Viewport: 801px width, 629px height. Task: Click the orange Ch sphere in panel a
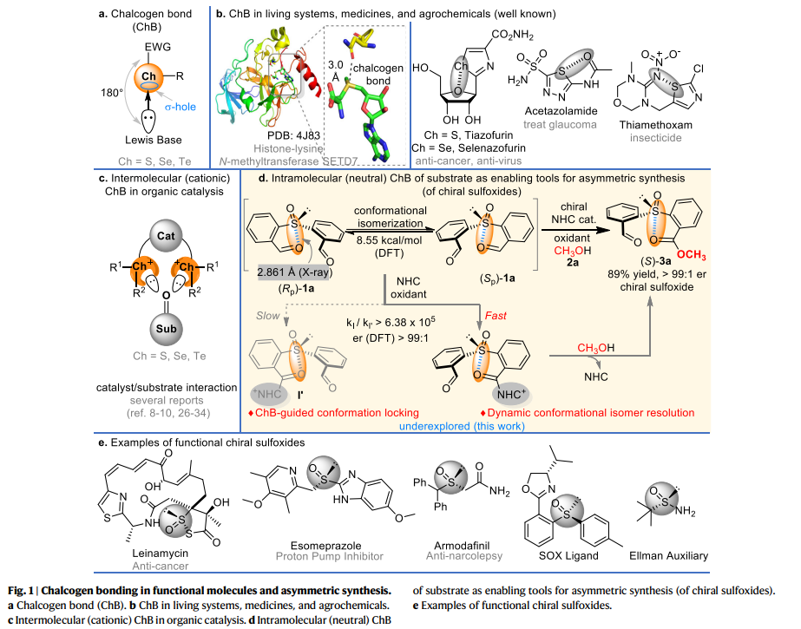point(151,75)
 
